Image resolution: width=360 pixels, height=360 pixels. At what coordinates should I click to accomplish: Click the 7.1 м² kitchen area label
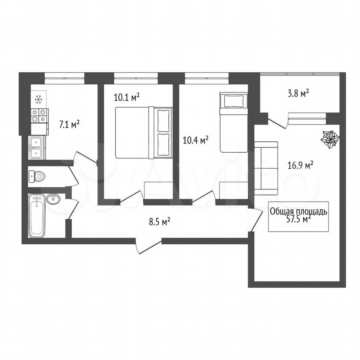[x=69, y=124]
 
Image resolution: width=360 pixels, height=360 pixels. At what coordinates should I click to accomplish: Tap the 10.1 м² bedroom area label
[x=127, y=97]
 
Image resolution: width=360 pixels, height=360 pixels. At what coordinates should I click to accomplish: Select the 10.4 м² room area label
[x=195, y=140]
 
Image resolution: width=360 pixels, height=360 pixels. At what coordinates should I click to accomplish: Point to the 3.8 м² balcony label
[x=298, y=93]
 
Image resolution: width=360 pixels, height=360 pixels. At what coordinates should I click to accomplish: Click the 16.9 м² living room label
[x=300, y=165]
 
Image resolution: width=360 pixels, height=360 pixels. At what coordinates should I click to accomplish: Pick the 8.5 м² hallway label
[x=160, y=222]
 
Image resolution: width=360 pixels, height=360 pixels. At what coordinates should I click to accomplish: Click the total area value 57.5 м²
[x=298, y=219]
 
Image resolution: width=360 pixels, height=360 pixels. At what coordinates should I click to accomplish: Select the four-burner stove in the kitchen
[x=39, y=115]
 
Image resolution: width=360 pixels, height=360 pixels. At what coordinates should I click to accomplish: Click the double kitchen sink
[x=36, y=148]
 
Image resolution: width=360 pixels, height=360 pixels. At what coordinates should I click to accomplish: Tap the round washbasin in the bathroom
[x=53, y=199]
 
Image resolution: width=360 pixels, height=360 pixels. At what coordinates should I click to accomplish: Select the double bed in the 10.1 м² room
[x=144, y=133]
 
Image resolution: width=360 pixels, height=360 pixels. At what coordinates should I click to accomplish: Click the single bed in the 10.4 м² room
[x=234, y=122]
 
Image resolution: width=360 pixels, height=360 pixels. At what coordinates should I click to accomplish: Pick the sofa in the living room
[x=266, y=168]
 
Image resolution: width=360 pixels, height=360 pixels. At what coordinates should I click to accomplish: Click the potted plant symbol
[x=330, y=140]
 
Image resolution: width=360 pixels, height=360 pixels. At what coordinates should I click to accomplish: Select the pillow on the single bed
[x=234, y=102]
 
